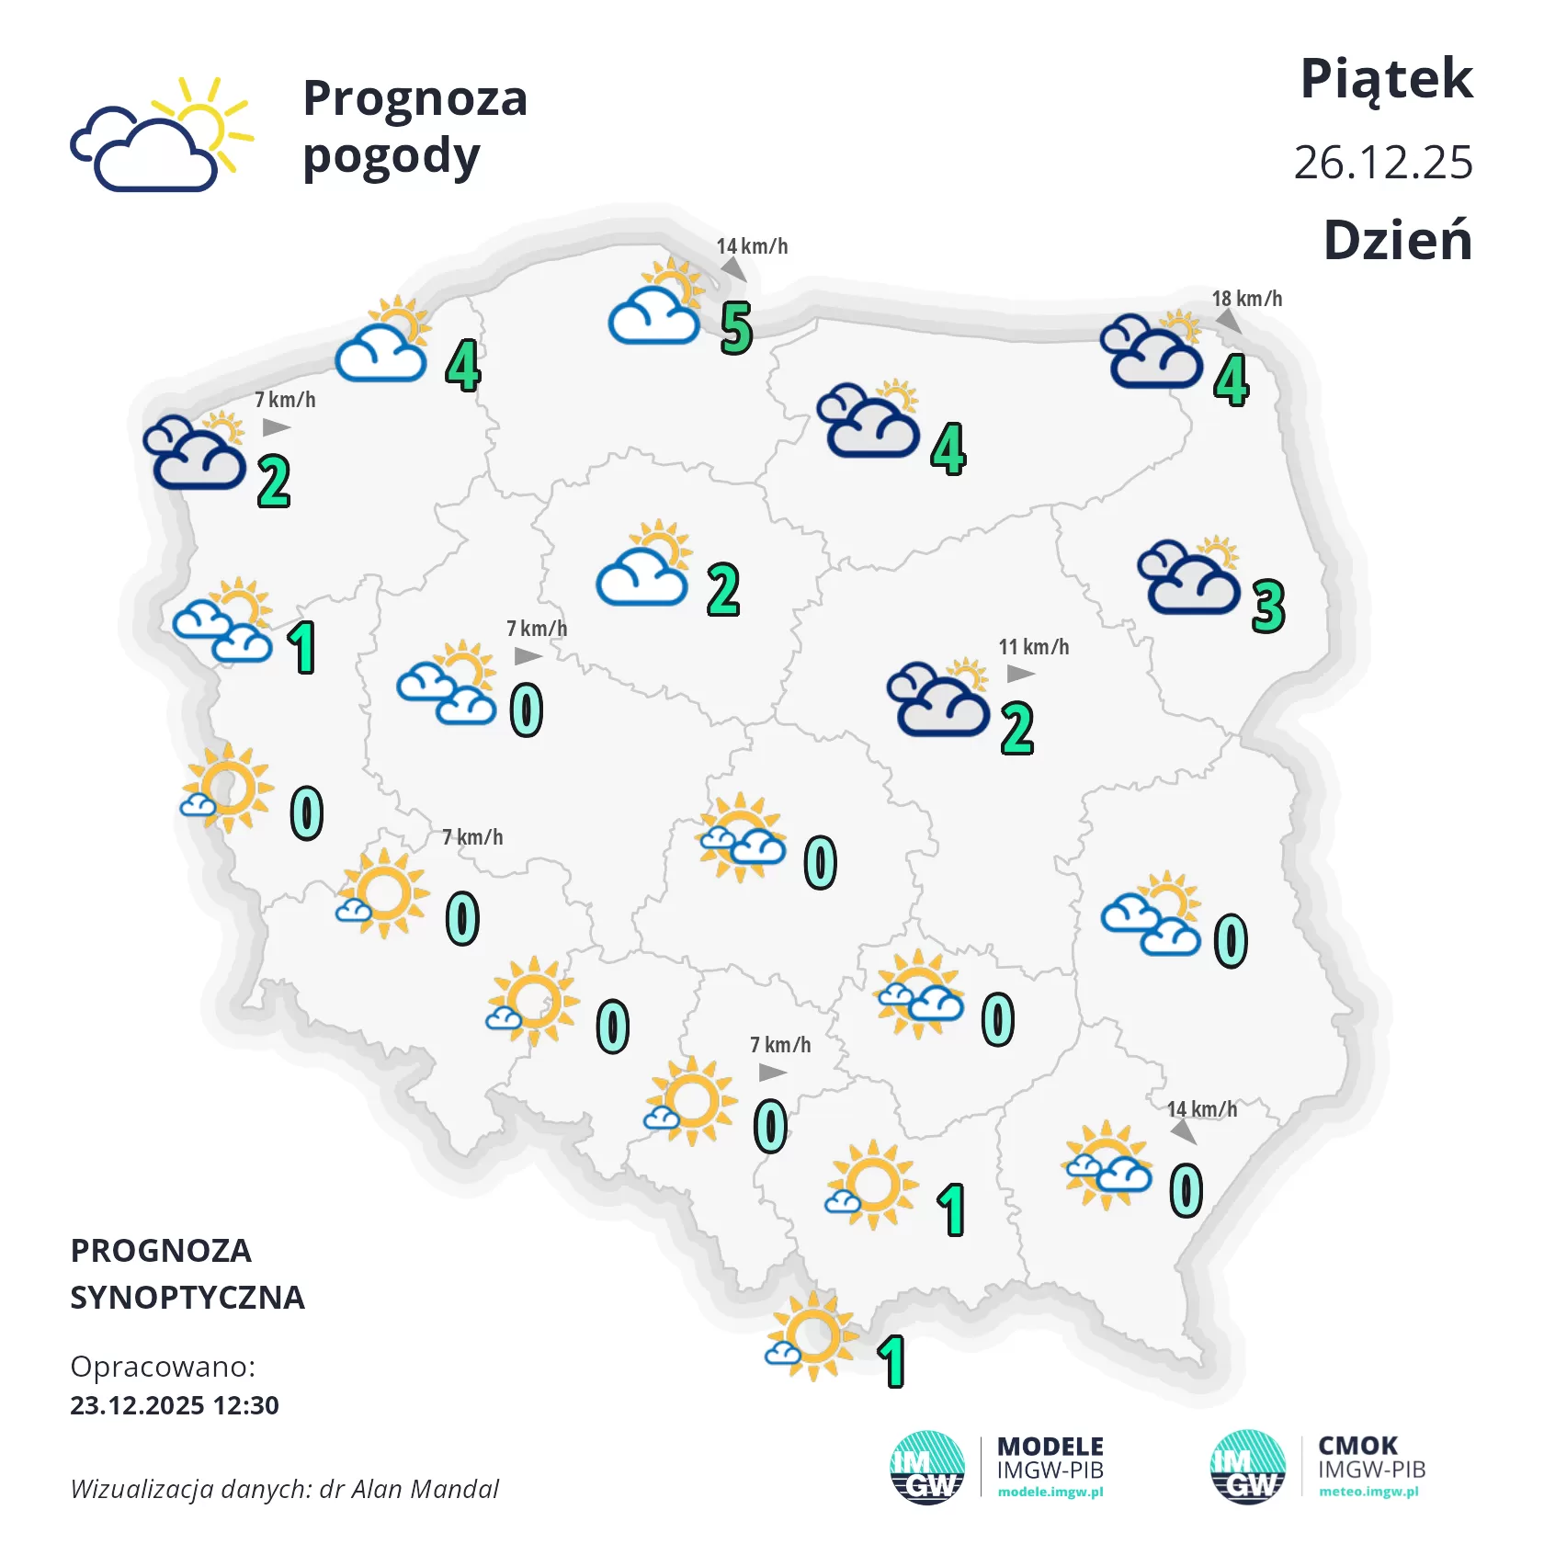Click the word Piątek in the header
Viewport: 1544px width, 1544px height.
click(1386, 80)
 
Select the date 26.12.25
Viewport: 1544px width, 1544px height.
click(1383, 163)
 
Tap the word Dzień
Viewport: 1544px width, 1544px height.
click(1397, 241)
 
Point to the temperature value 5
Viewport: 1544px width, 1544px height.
click(736, 328)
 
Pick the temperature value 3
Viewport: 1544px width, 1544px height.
click(1268, 607)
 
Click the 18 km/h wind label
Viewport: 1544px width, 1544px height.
click(1246, 299)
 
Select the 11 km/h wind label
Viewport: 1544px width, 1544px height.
click(1034, 647)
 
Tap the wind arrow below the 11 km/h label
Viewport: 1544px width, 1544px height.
click(1020, 674)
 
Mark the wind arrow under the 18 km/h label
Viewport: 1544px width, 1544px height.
click(1228, 322)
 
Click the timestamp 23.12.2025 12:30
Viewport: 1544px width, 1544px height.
click(175, 1405)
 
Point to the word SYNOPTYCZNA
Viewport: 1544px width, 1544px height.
click(187, 1298)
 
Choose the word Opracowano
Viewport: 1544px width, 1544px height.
click(163, 1367)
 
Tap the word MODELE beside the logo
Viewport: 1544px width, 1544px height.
click(1050, 1447)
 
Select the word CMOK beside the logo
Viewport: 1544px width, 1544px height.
click(1357, 1446)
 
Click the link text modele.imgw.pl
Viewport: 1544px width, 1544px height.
click(1050, 1492)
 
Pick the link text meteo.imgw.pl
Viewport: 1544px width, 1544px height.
click(1368, 1492)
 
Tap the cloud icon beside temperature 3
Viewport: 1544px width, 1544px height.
click(1188, 576)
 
